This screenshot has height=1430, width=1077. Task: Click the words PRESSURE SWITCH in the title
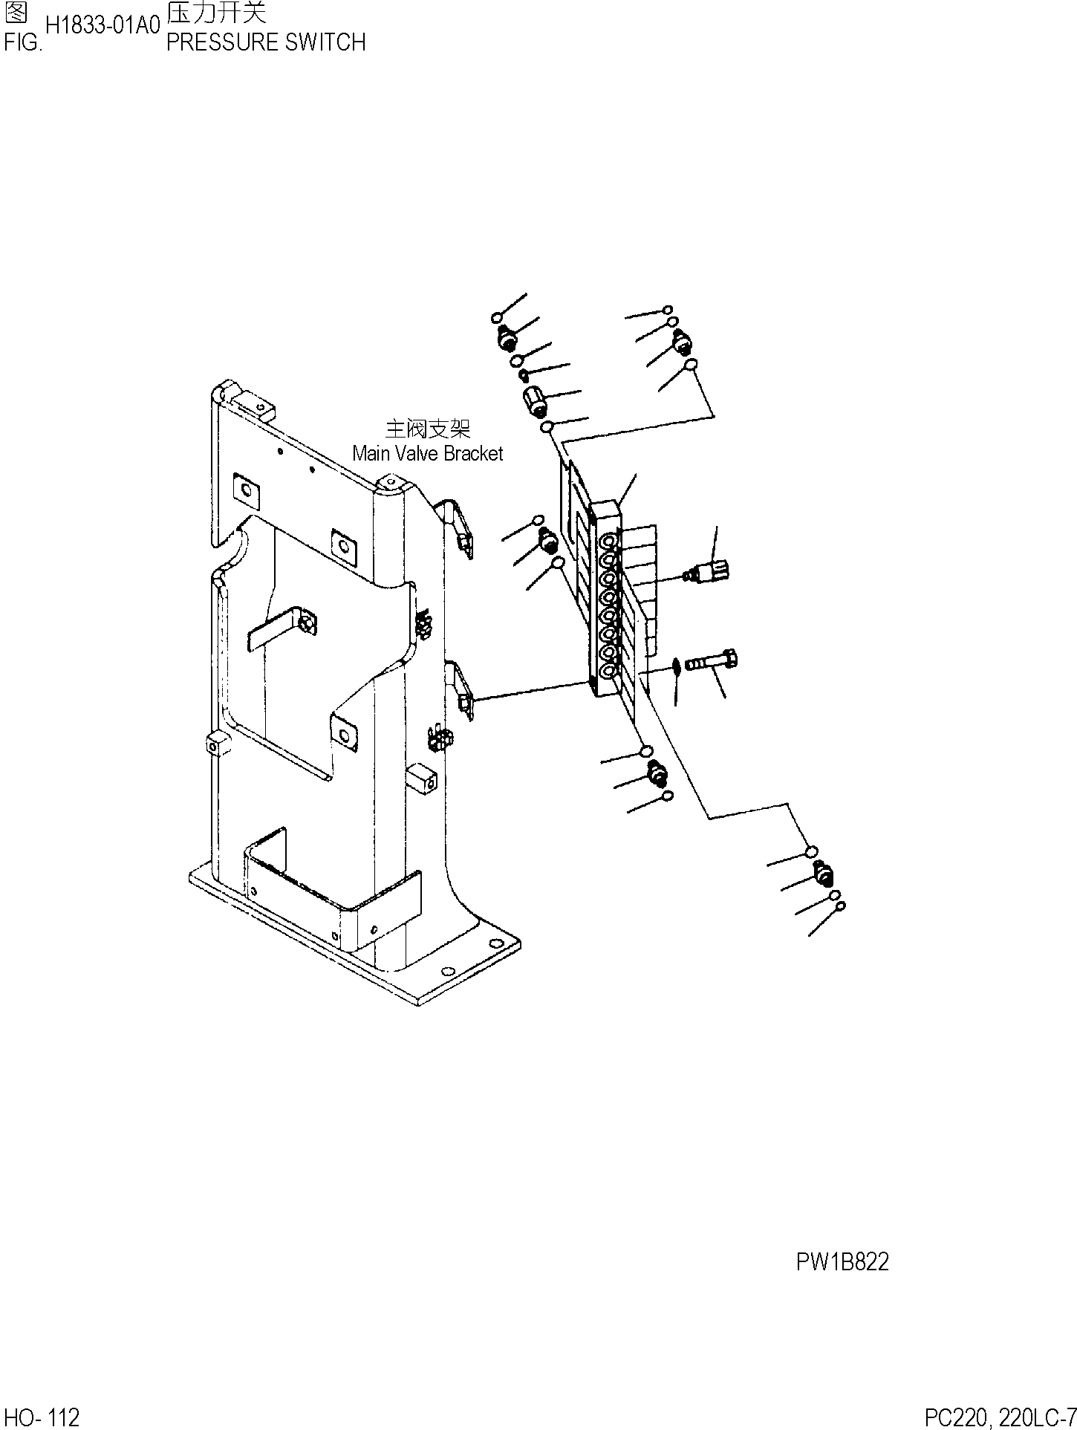pyautogui.click(x=266, y=42)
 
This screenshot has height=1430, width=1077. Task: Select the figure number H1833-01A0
pyautogui.click(x=103, y=26)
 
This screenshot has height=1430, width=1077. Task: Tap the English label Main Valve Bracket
pyautogui.click(x=428, y=453)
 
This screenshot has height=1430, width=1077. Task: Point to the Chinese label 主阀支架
pyautogui.click(x=428, y=429)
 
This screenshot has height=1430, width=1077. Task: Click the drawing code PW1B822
pyautogui.click(x=842, y=1262)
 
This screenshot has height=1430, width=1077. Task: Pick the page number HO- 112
pyautogui.click(x=42, y=1417)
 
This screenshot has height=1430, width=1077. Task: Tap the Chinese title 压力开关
pyautogui.click(x=216, y=13)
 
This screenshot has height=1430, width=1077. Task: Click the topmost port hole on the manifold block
pyautogui.click(x=608, y=540)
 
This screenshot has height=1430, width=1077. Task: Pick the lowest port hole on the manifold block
pyautogui.click(x=607, y=672)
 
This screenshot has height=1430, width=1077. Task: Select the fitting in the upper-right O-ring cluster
pyautogui.click(x=682, y=342)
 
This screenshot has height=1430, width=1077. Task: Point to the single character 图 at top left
pyautogui.click(x=16, y=13)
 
